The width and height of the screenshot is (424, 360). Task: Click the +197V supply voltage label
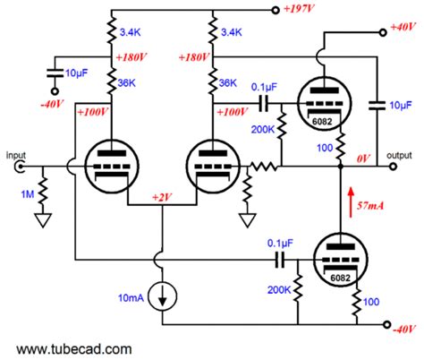[307, 11]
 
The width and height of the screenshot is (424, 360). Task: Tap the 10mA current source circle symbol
[162, 296]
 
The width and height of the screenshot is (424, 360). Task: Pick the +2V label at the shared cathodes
[163, 196]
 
